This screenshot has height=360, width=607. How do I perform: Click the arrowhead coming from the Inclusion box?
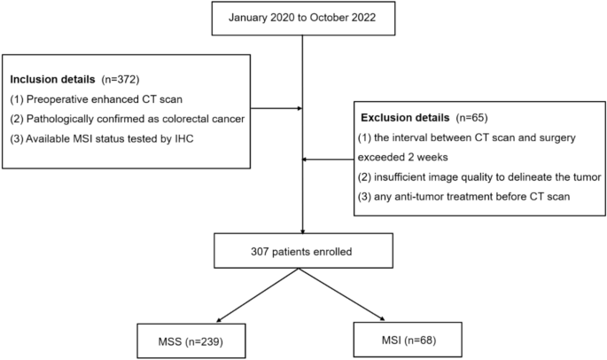click(x=299, y=110)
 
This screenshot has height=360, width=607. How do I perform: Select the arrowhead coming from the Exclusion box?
click(x=307, y=160)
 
